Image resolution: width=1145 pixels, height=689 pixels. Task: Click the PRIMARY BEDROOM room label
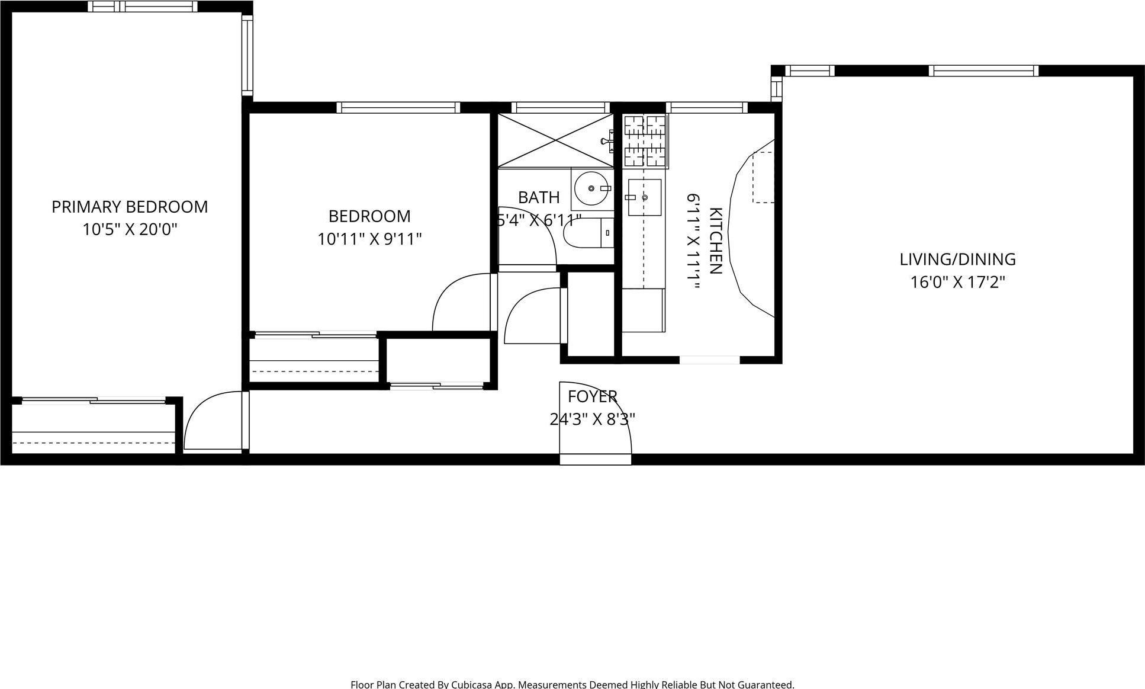(x=130, y=207)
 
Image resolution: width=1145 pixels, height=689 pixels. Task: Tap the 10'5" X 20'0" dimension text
(x=130, y=229)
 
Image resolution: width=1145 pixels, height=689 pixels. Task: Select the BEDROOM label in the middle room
(x=369, y=216)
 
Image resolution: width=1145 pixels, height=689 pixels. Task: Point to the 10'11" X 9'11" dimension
(x=369, y=239)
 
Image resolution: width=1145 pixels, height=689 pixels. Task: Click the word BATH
(x=539, y=197)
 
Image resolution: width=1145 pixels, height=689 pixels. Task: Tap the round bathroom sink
(x=591, y=188)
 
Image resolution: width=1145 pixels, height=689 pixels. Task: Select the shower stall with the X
(x=555, y=140)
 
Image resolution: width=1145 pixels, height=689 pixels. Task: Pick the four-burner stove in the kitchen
(x=645, y=140)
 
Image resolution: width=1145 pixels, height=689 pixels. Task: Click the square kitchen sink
(x=644, y=197)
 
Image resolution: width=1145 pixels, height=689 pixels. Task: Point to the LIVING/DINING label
(x=957, y=259)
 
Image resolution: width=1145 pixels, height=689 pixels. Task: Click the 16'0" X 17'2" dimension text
(x=957, y=282)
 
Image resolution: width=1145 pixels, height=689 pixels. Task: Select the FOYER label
(x=593, y=396)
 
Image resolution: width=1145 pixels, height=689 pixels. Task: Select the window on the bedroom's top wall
(x=398, y=107)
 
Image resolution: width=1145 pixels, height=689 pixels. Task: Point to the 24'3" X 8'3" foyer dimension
(x=593, y=419)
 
